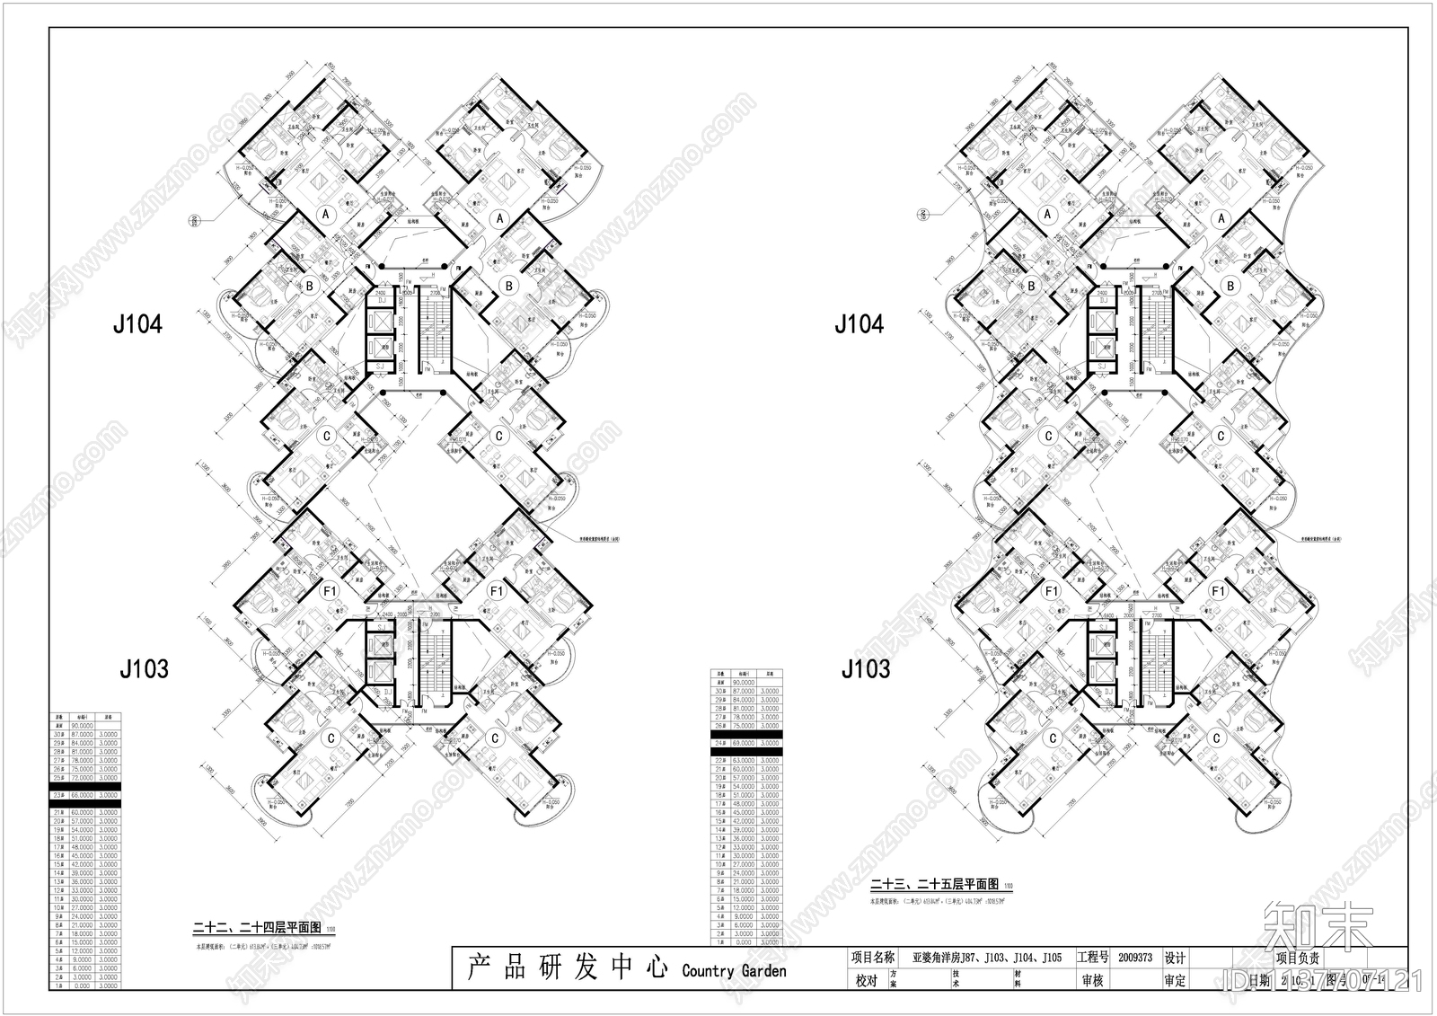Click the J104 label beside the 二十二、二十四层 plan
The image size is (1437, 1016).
[x=137, y=324]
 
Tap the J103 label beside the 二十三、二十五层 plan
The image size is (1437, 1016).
[x=865, y=669]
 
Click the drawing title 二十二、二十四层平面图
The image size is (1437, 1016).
[x=257, y=929]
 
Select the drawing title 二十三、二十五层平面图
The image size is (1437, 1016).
[x=934, y=885]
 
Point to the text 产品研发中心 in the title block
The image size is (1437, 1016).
[x=568, y=967]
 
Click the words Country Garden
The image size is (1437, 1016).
[x=734, y=971]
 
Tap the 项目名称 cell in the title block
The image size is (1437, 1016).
[x=872, y=958]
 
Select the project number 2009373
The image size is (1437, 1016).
[x=1135, y=958]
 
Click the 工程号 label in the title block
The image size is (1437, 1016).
[x=1092, y=958]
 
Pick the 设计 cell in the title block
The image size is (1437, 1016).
[x=1174, y=958]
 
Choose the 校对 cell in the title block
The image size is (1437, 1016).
[x=866, y=981]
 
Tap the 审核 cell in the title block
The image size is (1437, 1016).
[x=1092, y=981]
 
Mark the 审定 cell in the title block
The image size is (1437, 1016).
[x=1174, y=981]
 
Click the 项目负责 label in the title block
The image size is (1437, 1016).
[x=1298, y=959]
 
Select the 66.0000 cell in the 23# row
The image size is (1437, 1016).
[x=83, y=795]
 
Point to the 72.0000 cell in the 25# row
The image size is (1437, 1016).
[x=83, y=778]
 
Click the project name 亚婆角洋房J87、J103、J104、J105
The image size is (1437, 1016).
[x=986, y=958]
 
